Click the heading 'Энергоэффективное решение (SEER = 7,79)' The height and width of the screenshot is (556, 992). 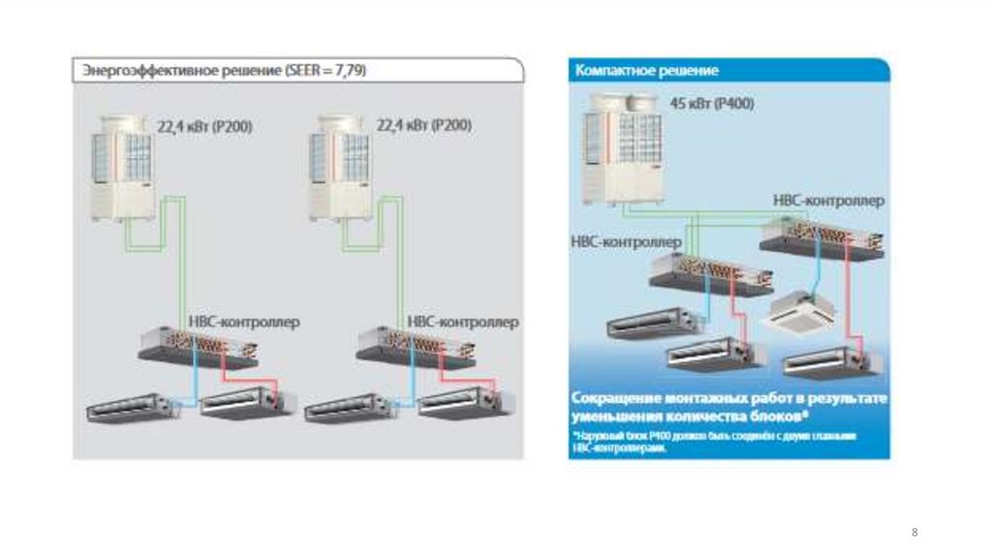pyautogui.click(x=224, y=72)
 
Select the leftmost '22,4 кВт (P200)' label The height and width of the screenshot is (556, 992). pyautogui.click(x=205, y=125)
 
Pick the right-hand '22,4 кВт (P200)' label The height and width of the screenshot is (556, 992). pyautogui.click(x=423, y=125)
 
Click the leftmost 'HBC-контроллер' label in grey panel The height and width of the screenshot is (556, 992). pyautogui.click(x=242, y=321)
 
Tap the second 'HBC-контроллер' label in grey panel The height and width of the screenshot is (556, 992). pyautogui.click(x=462, y=321)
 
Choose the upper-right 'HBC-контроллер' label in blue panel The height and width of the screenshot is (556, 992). pyautogui.click(x=828, y=200)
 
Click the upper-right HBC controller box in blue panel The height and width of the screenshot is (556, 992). pyautogui.click(x=822, y=235)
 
